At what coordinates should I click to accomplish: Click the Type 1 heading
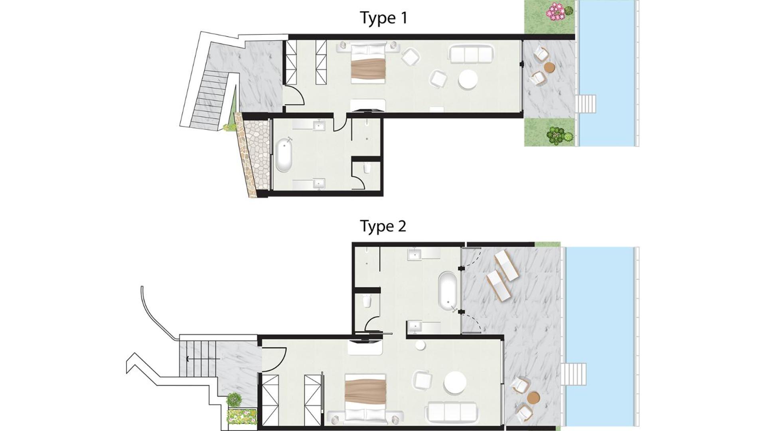tap(383, 18)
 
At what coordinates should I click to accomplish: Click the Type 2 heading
tap(383, 226)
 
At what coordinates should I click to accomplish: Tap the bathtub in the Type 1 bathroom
tap(284, 155)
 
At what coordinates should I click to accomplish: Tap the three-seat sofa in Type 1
tap(471, 53)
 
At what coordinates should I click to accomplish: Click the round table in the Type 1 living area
tap(468, 80)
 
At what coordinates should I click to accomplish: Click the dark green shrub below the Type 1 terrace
tap(555, 135)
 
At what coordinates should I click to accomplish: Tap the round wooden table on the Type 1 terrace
tap(549, 68)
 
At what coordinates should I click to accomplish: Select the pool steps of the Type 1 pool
tap(586, 104)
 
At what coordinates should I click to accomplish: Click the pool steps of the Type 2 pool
tap(573, 374)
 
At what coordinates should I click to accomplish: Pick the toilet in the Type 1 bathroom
tap(367, 168)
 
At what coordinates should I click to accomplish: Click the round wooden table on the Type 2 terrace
tap(533, 397)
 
